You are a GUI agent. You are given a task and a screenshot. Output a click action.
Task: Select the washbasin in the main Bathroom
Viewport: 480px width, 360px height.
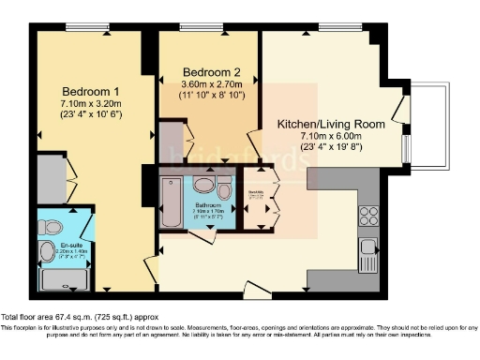[204, 185]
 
